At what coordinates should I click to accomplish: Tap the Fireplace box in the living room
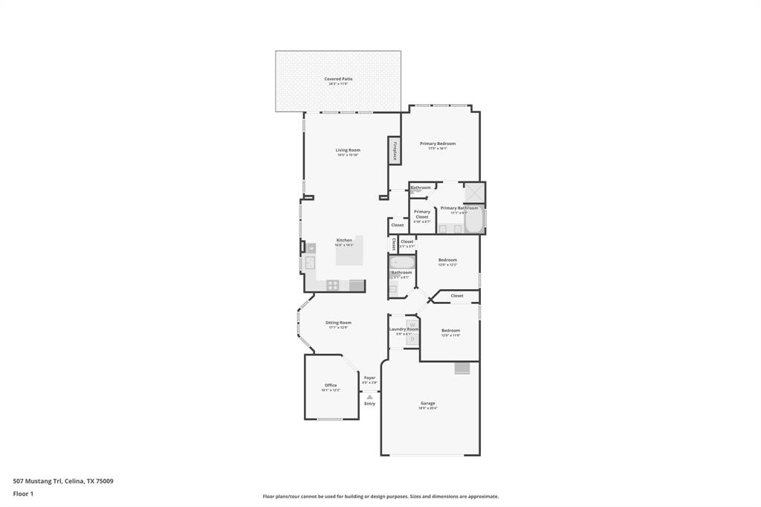coord(395,151)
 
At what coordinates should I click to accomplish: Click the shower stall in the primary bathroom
coord(474,193)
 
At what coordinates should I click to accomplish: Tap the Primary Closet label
coord(422,214)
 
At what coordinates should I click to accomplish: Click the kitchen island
coord(350,251)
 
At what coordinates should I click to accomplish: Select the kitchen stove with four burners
coord(333,285)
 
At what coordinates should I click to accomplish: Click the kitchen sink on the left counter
coord(310,262)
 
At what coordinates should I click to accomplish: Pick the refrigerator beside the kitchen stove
coord(357,285)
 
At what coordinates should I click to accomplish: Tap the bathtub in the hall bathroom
coord(402,262)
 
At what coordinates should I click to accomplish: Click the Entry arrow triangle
coord(369,397)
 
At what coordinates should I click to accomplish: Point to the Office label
coord(331,385)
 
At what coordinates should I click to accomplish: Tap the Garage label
coord(428,403)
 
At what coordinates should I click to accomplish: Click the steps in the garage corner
coord(462,368)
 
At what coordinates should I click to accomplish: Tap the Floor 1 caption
coord(23,494)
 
